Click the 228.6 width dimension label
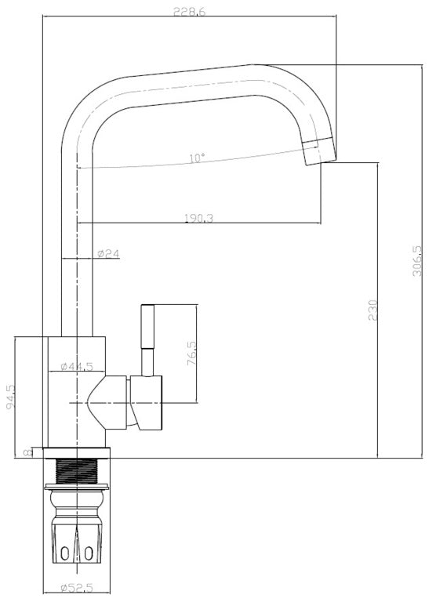coord(190,11)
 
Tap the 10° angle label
coord(198,158)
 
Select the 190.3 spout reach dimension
coord(199,218)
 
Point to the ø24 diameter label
coord(109,253)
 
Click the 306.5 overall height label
coord(417,261)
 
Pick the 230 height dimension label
coord(373,310)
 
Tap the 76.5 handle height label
coord(191,354)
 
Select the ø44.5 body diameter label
coord(77,366)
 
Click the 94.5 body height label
coord(11,396)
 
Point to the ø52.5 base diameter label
coord(77,588)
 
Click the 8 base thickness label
coord(27,453)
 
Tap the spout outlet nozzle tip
coord(320,150)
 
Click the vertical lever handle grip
coord(148,326)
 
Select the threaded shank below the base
coord(77,472)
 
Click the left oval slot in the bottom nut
coord(65,553)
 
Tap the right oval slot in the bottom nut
coord(89,553)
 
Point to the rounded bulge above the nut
coord(77,499)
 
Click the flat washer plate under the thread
coord(77,488)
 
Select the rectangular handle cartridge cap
coord(146,402)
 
